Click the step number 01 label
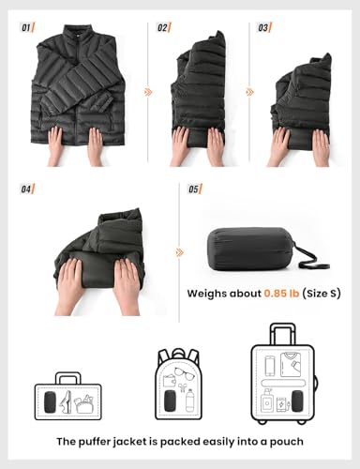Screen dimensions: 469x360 26,27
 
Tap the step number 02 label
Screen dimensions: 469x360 163,27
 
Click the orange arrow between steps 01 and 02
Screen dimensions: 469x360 147,92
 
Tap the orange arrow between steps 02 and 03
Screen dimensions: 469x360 249,92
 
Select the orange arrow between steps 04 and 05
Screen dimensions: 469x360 179,252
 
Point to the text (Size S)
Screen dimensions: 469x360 322,294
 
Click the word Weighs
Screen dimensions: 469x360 214,294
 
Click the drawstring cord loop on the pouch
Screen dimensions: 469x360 307,251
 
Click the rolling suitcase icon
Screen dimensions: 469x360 282,380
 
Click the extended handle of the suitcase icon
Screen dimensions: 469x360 282,333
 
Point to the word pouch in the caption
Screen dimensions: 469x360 284,442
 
